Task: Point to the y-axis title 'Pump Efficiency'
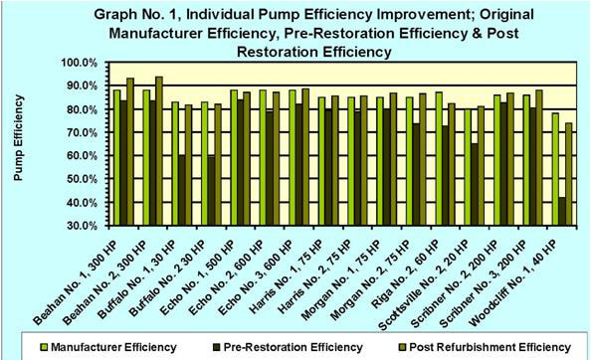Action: tap(17, 139)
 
